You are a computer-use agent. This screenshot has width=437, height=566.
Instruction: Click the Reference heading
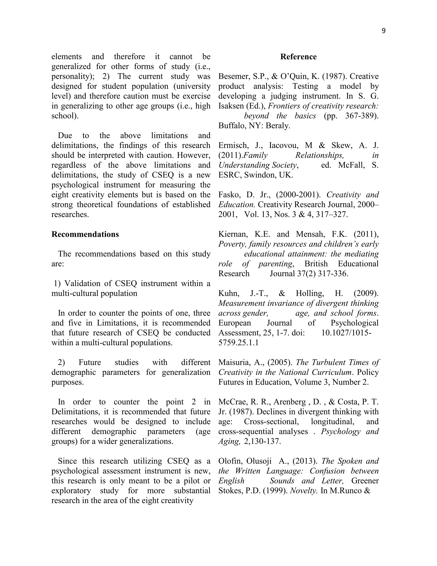298,57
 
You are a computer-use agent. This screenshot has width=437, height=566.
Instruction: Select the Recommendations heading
85,234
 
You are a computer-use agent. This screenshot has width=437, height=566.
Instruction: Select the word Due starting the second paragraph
65,136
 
